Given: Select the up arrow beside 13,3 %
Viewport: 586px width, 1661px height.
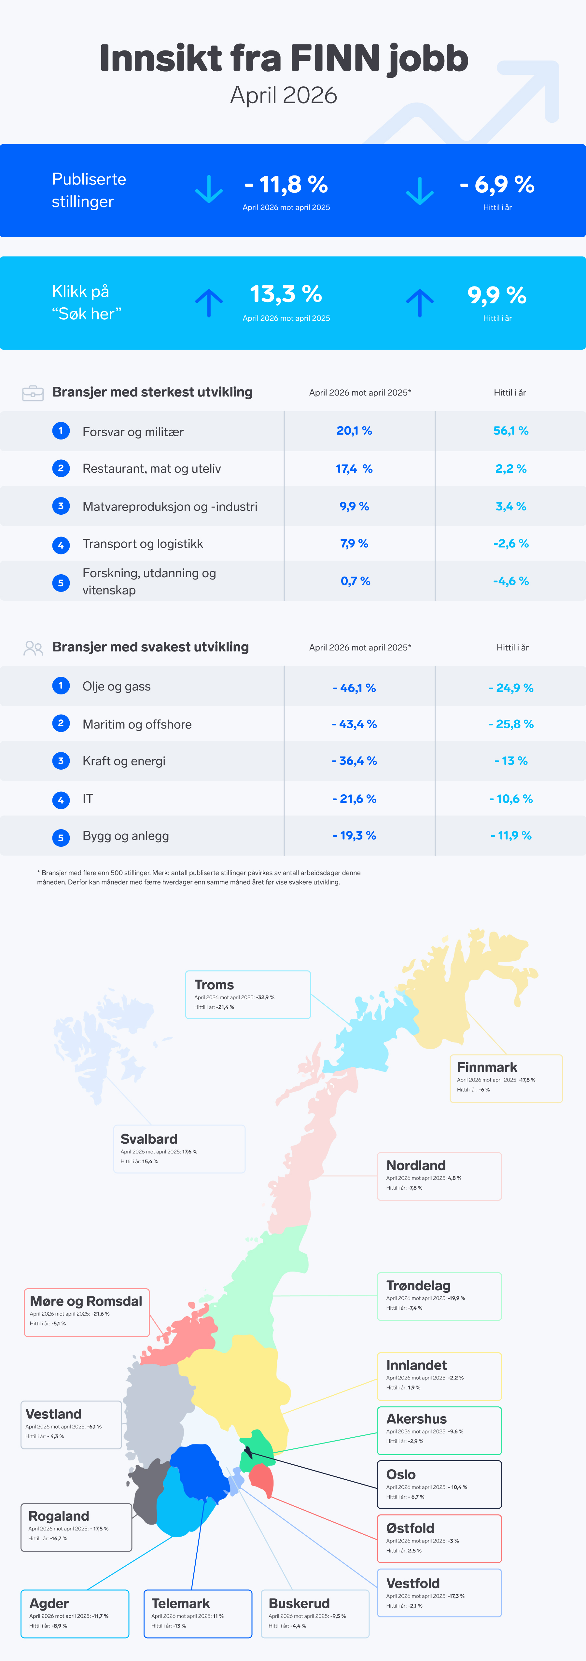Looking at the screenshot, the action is click(209, 302).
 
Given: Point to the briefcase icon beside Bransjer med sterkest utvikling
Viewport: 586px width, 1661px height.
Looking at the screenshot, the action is click(33, 393).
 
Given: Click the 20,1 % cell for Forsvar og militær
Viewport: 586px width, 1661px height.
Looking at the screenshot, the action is click(354, 431).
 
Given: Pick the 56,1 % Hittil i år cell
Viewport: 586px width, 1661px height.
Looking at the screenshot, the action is click(510, 431).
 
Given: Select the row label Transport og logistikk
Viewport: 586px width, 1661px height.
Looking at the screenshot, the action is click(143, 544).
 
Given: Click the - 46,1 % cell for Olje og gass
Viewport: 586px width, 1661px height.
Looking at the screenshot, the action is click(354, 688).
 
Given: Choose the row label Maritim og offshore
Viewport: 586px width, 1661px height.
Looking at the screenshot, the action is click(137, 724).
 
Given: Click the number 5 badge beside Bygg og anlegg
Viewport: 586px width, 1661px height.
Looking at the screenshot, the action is click(61, 838).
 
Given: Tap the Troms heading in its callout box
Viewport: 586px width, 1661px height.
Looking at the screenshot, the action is click(214, 984).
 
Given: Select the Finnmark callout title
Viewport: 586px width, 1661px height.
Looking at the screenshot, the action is click(487, 1067).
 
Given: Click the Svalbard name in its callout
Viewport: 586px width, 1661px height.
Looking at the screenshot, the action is click(149, 1139).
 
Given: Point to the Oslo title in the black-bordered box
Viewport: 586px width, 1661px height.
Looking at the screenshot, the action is click(401, 1475).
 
